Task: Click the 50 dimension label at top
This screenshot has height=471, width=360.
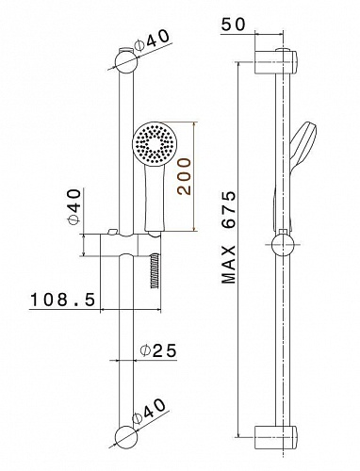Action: coord(233,24)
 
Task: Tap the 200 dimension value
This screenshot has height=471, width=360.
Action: coord(184,176)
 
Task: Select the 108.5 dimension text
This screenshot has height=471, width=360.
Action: coord(62,300)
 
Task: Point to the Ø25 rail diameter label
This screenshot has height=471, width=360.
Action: coord(159,350)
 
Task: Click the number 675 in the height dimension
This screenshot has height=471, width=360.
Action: coord(228,209)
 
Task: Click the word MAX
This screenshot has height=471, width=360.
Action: coord(228,265)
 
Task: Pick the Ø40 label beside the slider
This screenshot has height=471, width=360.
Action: coord(74,206)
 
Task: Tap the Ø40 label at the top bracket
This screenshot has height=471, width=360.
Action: coord(152,40)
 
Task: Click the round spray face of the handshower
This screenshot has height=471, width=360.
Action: coord(153,143)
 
